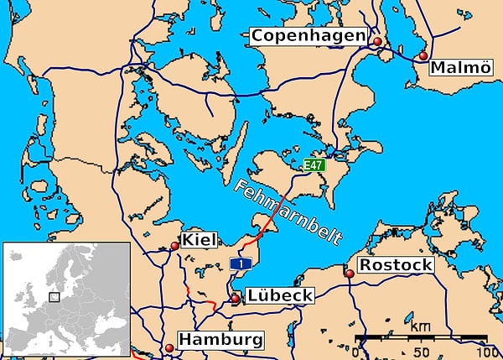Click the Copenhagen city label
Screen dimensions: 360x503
tap(309, 36)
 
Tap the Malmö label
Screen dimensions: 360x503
tap(460, 68)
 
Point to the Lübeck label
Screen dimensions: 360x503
tap(279, 295)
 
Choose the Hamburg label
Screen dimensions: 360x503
tap(220, 341)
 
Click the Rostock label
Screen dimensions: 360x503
tap(396, 265)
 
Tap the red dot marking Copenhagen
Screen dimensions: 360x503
tap(377, 41)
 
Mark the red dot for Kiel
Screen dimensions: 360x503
tap(174, 246)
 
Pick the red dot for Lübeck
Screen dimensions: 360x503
tap(236, 298)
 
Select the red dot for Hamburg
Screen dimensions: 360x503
tap(169, 347)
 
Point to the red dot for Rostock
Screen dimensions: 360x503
tap(350, 274)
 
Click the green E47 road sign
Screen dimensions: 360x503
tap(314, 165)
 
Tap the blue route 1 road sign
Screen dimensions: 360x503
tap(241, 265)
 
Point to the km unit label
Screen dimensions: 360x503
tap(422, 326)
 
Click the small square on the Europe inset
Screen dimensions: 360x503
tap(54, 296)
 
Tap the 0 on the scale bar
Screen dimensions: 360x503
tap(356, 352)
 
